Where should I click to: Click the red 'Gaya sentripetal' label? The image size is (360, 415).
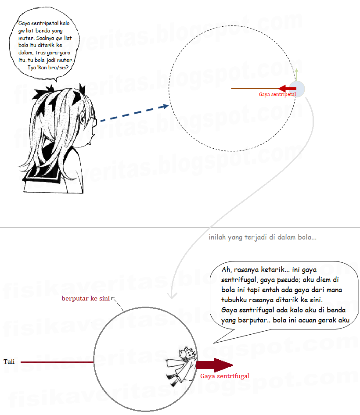coord(277,94)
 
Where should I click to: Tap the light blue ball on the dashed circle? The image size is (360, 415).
coord(297,89)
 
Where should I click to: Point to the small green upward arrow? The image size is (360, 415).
coord(297,75)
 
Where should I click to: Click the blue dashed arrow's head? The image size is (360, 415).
coord(165,107)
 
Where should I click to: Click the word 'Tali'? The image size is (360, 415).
coord(9,361)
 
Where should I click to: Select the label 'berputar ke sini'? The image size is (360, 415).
coord(86,299)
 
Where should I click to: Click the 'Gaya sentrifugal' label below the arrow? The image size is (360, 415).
coord(225,376)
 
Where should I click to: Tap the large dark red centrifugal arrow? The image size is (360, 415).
coord(215,365)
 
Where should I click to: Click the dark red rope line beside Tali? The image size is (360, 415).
coord(57,362)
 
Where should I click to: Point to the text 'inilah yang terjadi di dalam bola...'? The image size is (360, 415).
coord(263,237)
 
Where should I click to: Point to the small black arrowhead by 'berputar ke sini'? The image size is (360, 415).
coord(113,299)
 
